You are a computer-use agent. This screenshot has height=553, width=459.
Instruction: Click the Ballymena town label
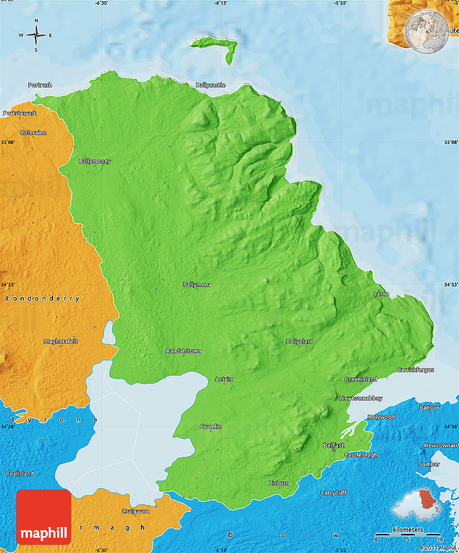[197, 284]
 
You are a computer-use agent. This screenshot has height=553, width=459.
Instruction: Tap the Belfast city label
[333, 445]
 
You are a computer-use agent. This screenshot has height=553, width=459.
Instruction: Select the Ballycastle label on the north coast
[211, 85]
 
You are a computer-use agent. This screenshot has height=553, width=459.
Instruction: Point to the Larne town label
[381, 294]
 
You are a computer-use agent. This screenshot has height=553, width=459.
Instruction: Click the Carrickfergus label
[416, 370]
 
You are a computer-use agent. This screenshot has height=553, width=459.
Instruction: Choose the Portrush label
[40, 85]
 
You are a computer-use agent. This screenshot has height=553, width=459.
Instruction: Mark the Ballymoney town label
[94, 161]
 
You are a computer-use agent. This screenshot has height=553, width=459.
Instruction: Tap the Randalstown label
[184, 351]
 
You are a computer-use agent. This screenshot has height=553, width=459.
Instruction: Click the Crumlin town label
[211, 427]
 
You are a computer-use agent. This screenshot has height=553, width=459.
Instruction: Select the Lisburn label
[279, 483]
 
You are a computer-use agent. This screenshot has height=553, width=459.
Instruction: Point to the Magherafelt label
[61, 341]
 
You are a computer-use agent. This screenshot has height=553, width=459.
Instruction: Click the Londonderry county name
[43, 298]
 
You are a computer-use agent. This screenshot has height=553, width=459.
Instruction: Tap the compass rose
[36, 36]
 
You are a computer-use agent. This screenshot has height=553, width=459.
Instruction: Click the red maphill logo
[44, 517]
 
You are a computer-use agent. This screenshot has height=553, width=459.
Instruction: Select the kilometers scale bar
[408, 536]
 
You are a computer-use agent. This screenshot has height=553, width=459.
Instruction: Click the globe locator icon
[427, 32]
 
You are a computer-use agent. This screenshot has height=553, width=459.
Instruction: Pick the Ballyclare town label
[299, 342]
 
